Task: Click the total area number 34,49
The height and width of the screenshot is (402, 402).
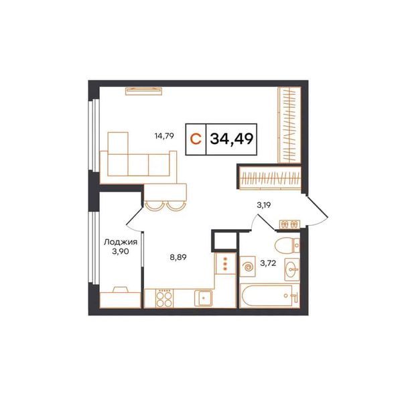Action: (232, 139)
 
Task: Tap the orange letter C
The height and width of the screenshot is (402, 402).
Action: (196, 139)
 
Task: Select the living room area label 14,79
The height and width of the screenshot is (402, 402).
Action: (164, 135)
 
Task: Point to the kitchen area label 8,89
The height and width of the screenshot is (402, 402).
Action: (178, 257)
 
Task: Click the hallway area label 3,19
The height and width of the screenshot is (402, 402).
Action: (264, 205)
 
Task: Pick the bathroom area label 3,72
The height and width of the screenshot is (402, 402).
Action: (268, 263)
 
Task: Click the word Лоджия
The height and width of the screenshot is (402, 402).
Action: (121, 242)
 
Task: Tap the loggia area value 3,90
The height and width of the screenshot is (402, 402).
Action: (121, 252)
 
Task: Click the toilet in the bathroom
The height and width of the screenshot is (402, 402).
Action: (287, 245)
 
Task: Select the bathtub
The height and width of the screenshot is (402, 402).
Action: (270, 295)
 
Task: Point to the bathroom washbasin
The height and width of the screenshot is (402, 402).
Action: (291, 269)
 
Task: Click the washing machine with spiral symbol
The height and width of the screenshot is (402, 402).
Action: (248, 267)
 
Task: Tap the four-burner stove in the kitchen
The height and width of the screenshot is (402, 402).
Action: (164, 298)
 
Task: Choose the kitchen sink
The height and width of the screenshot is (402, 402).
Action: (203, 298)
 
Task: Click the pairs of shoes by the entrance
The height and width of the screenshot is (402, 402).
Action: (289, 224)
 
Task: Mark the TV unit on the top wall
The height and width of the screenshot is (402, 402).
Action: (143, 91)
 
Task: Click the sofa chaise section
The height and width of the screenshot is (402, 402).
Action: (118, 154)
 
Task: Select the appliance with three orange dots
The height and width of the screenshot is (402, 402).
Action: (225, 263)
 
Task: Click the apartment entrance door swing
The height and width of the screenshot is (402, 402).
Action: (318, 211)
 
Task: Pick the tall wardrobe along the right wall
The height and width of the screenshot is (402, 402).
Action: (289, 125)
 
